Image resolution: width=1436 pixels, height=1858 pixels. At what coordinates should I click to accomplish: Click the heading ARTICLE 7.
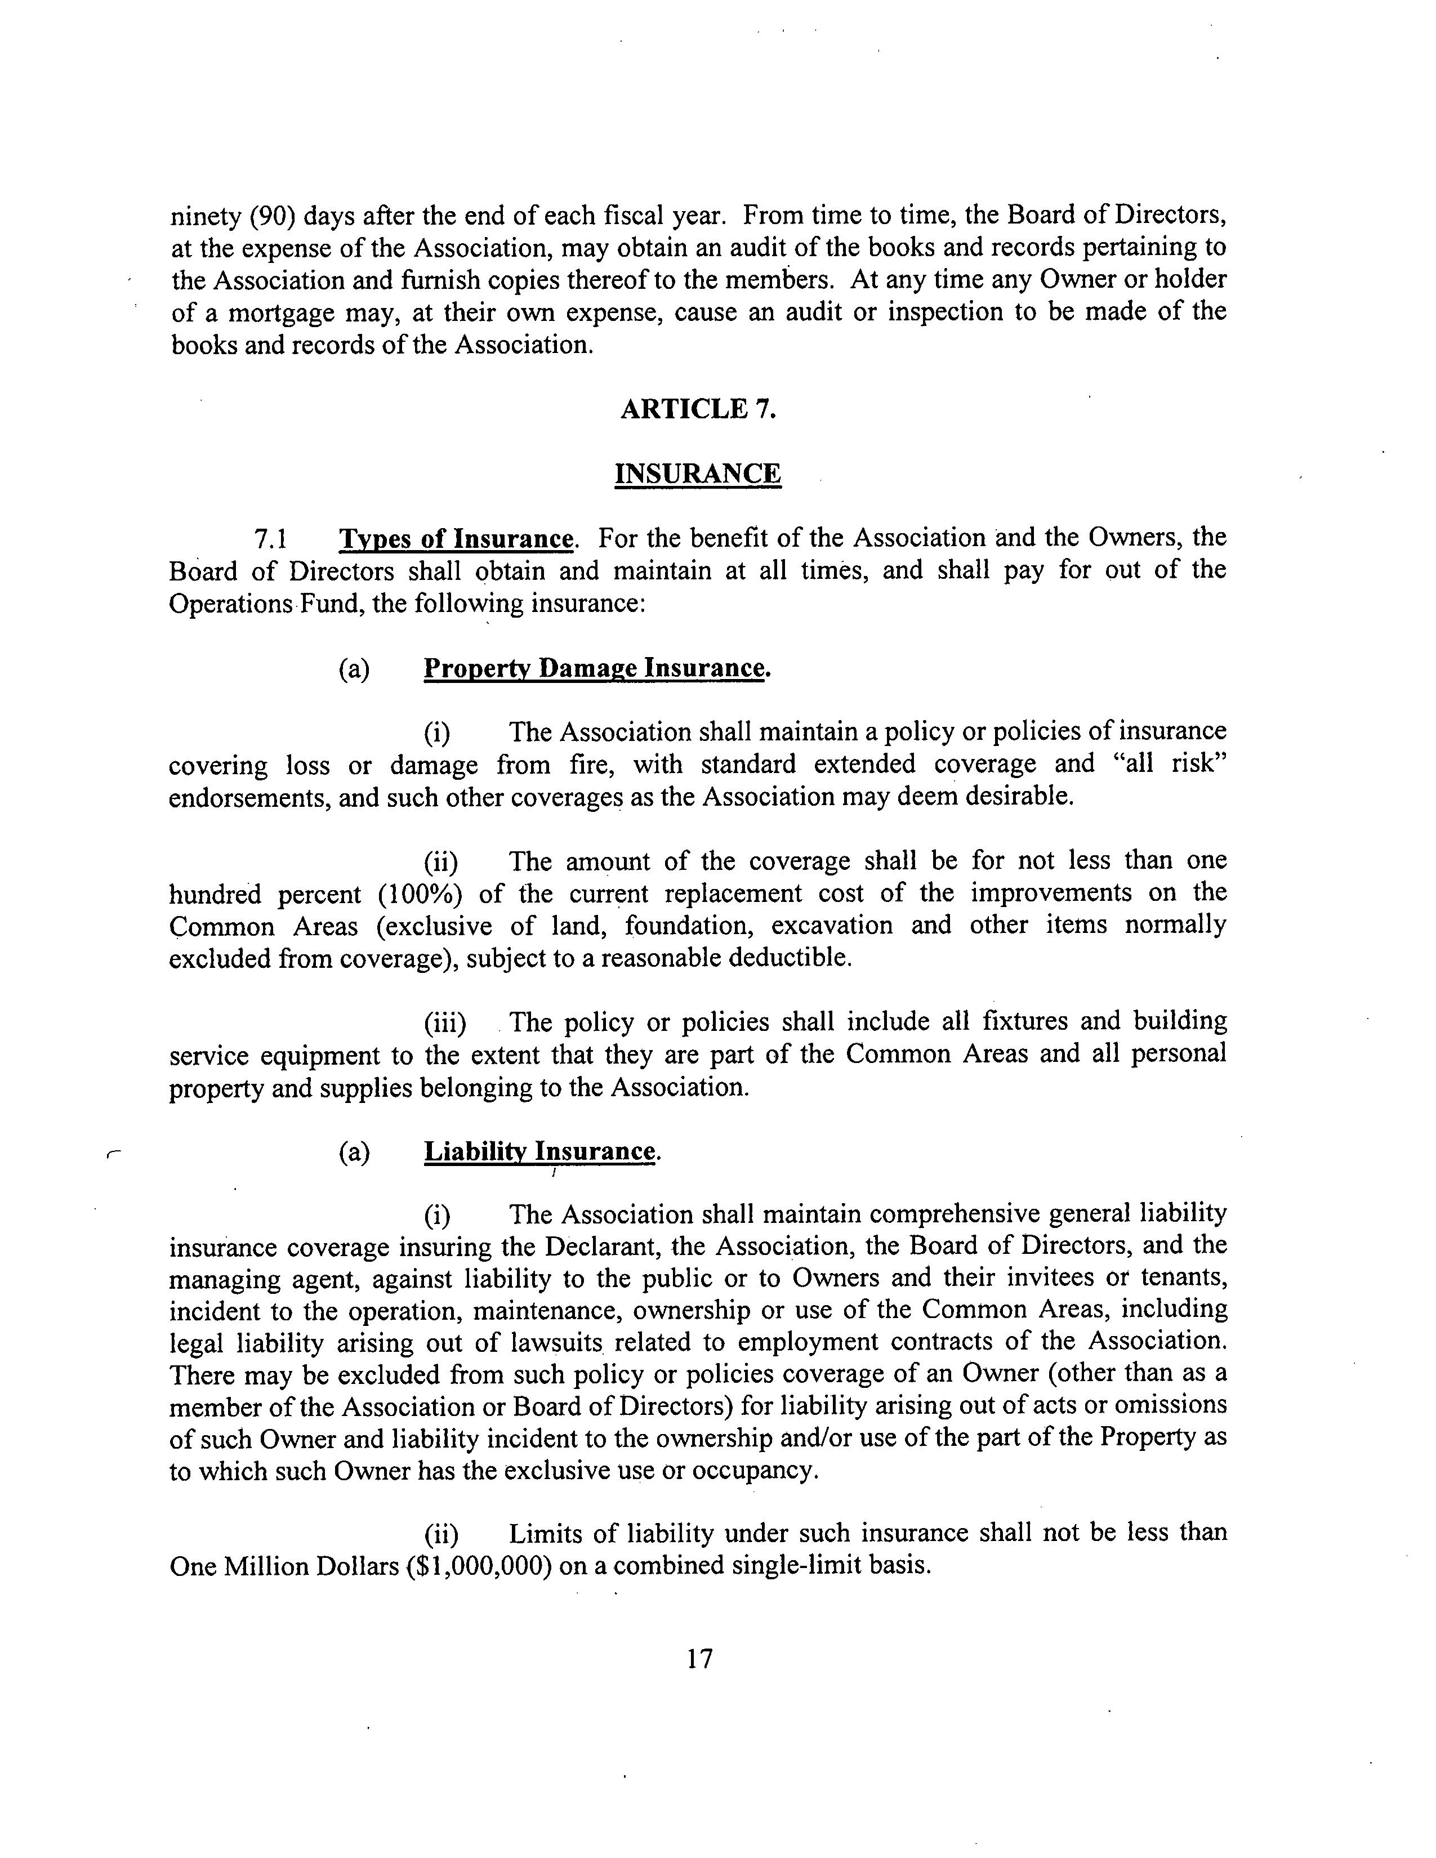[x=698, y=409]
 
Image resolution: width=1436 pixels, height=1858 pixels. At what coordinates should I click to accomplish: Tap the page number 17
[x=699, y=1681]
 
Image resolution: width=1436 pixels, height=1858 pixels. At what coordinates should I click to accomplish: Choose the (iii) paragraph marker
[x=445, y=1022]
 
